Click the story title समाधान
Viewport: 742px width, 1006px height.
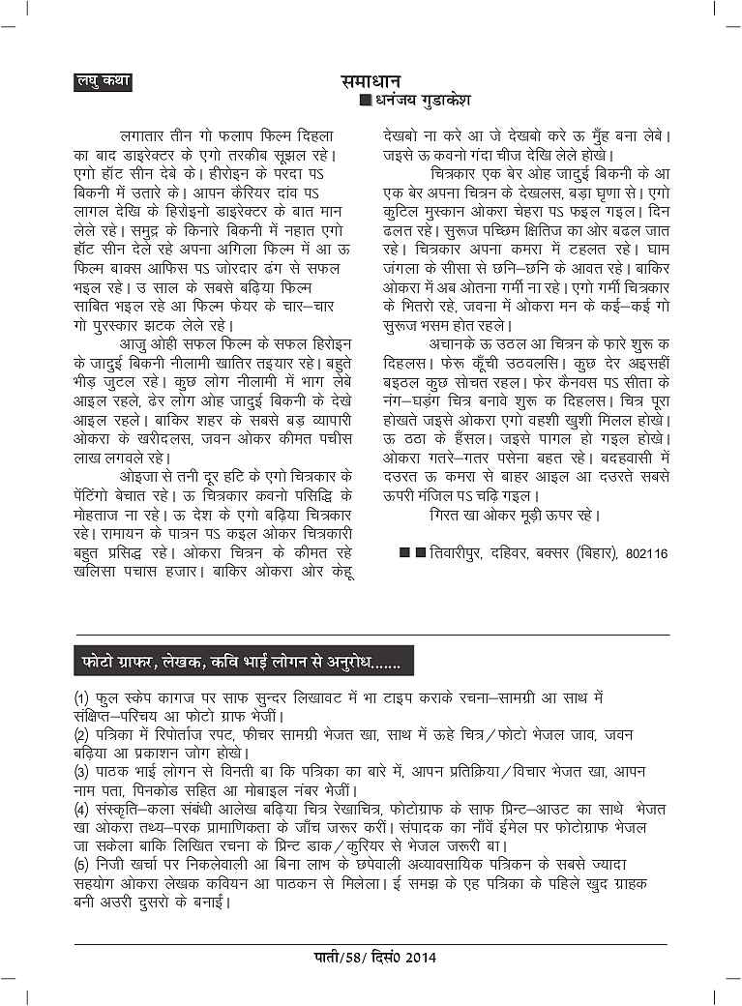coord(371,81)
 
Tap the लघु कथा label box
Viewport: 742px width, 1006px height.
coord(103,82)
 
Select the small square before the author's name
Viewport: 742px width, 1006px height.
coord(364,100)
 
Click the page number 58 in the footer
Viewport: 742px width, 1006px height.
coord(352,958)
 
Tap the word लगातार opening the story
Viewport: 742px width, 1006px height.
coord(140,137)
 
